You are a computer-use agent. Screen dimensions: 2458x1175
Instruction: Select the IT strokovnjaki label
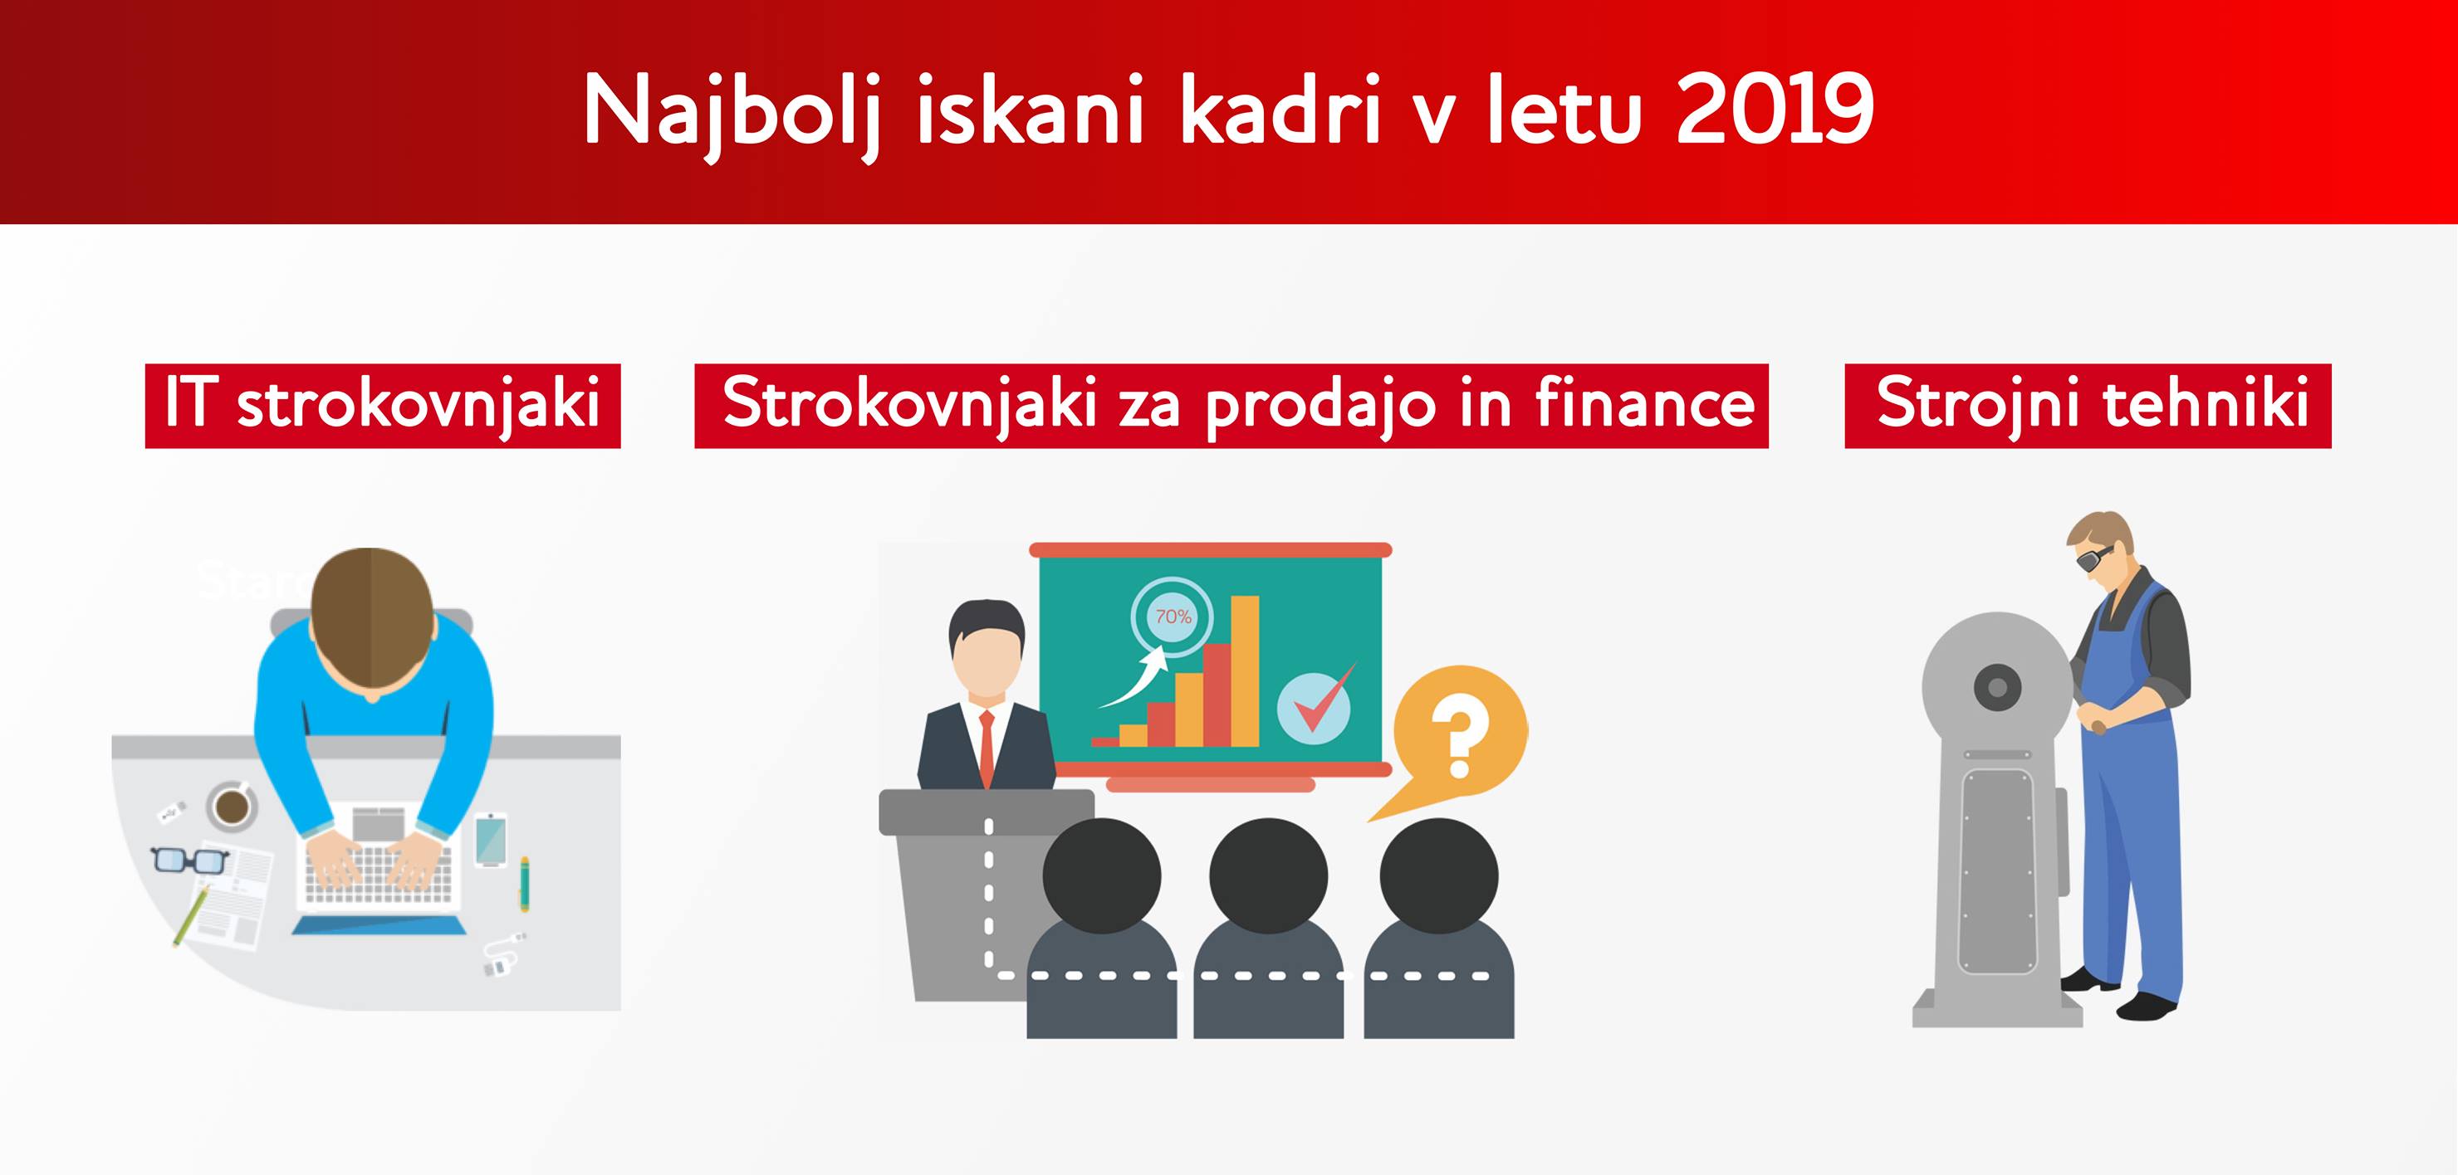click(383, 405)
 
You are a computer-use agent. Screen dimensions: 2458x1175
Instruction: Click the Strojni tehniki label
click(2088, 405)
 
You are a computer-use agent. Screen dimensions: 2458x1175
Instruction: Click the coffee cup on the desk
click(232, 806)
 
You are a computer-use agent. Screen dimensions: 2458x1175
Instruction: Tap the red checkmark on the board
click(1324, 700)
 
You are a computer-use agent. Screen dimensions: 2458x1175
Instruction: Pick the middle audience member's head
click(1268, 875)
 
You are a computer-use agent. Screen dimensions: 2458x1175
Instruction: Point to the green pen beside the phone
click(524, 883)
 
